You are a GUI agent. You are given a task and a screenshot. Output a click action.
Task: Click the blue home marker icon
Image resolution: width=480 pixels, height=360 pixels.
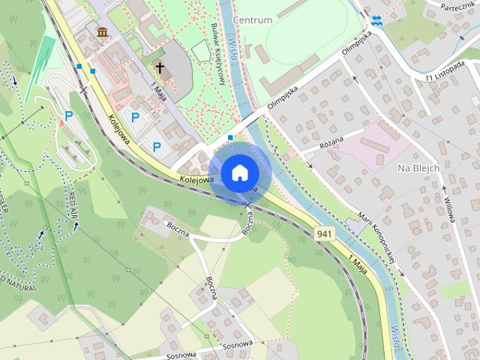coord(239,173)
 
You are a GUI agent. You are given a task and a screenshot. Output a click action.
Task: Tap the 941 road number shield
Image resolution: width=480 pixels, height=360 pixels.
coord(325,234)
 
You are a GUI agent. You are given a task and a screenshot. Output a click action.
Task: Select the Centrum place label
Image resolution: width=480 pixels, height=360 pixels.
coord(252,19)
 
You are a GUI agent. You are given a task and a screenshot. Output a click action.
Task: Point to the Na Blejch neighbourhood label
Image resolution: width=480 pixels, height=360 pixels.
coord(418,168)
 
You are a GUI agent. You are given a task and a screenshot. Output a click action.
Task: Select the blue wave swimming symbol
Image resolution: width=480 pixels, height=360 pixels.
coord(376,21)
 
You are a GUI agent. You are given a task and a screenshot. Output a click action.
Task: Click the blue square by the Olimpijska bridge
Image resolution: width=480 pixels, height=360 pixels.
coord(230,138)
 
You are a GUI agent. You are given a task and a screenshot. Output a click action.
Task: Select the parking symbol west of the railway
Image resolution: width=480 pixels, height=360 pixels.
coord(69,116)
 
